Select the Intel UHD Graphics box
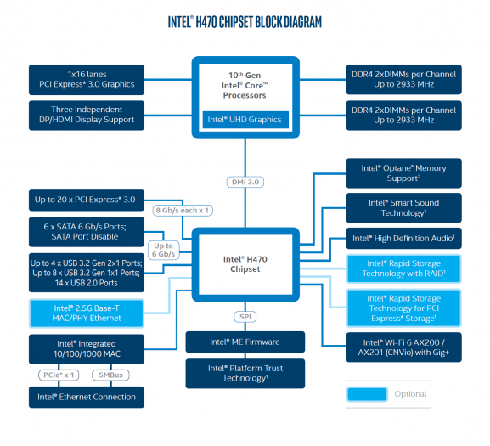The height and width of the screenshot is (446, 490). [245, 120]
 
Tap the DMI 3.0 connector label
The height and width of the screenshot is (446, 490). [245, 181]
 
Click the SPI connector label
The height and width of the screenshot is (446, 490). [245, 316]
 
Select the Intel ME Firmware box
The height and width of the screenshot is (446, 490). [245, 342]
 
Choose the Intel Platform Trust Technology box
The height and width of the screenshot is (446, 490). [245, 373]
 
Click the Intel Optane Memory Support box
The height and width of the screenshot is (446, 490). [403, 173]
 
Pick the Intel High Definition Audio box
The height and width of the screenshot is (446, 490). [403, 240]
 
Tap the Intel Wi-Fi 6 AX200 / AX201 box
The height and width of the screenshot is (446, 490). [403, 347]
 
